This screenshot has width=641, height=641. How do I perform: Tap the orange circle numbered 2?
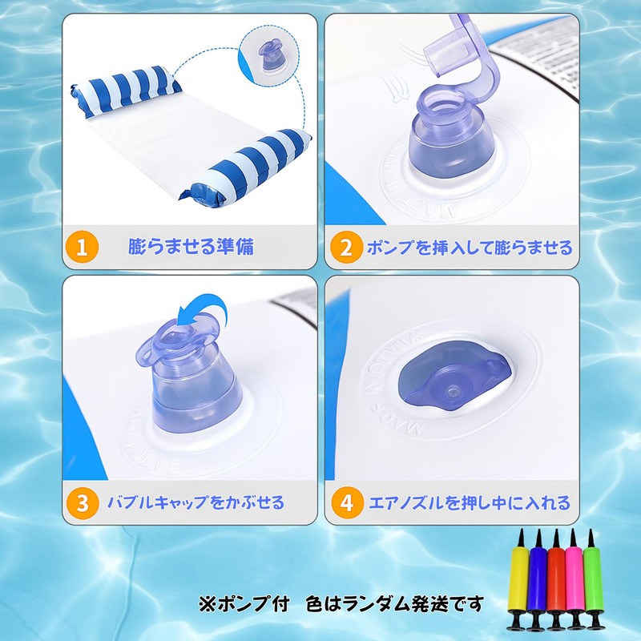pos(347,247)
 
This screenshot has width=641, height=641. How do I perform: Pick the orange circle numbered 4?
pos(347,503)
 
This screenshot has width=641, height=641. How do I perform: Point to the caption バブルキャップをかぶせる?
pos(196,503)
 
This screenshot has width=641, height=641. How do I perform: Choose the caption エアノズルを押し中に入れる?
pos(469,503)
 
